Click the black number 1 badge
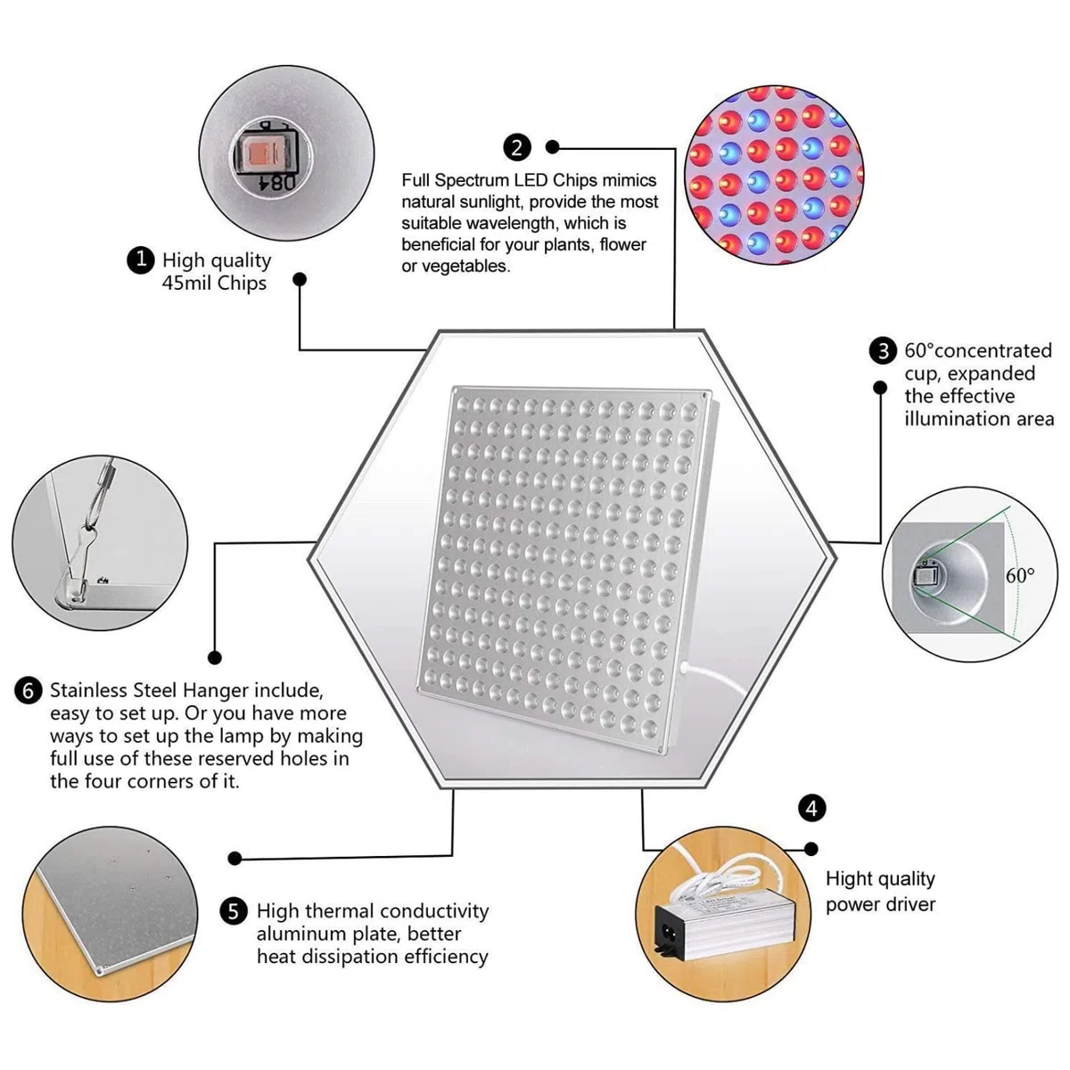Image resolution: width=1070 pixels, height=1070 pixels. (141, 259)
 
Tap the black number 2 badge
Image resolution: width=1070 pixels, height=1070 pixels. (517, 148)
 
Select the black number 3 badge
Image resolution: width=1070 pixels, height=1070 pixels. (883, 351)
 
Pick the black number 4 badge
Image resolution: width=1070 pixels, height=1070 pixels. (811, 809)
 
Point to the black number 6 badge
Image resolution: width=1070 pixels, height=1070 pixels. (29, 691)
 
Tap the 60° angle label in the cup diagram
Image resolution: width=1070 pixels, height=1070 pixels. (1020, 575)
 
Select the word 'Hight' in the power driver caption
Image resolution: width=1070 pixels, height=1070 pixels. (850, 879)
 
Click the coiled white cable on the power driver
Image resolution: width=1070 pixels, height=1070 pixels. (722, 879)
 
